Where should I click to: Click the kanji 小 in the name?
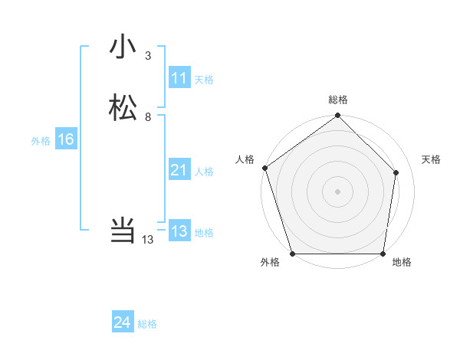coord(123,47)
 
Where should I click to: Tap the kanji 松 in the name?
coord(123,107)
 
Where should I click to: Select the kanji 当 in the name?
coord(123,229)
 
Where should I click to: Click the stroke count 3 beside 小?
coord(148,56)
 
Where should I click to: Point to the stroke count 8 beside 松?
coord(148,117)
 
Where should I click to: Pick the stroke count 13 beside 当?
coord(148,240)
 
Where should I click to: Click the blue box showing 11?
coord(179,78)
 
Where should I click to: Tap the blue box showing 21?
coord(179,170)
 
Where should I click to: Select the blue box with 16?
coord(65,139)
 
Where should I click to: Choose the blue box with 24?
coord(123,322)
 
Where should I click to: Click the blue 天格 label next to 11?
coord(204,80)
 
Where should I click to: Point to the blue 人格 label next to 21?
coord(204,172)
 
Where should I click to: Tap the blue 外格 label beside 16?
coord(41,141)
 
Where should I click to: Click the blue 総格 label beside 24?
coord(147,324)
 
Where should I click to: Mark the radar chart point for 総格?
coord(337,116)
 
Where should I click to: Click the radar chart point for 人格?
coord(265,168)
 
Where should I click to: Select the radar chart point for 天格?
coord(396,172)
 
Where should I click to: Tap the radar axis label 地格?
coord(402,263)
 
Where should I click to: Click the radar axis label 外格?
coord(270,263)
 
